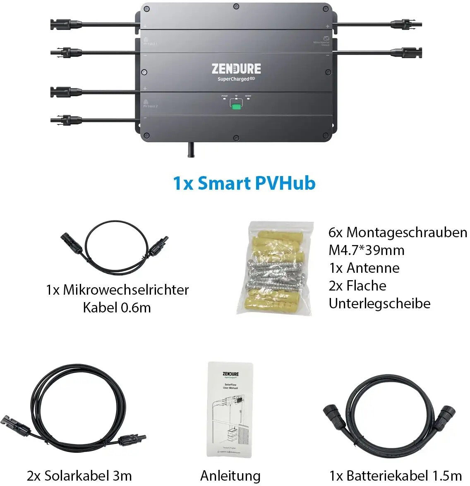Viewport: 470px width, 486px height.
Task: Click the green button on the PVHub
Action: (236, 107)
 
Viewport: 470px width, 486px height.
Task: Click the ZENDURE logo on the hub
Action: (236, 68)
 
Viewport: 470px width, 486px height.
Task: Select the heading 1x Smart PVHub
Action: (244, 183)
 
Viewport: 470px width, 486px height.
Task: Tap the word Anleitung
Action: (230, 476)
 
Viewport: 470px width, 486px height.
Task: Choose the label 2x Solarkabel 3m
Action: (79, 476)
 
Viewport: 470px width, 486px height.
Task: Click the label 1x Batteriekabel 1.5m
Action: (396, 476)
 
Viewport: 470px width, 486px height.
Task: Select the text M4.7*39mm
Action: (367, 250)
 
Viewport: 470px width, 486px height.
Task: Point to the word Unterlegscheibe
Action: (379, 303)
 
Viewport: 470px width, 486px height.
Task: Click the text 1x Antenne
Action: (364, 268)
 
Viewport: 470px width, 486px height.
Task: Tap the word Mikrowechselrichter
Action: (126, 290)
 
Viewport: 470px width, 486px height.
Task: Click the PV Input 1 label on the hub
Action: (150, 43)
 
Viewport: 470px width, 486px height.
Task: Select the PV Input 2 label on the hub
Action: (150, 106)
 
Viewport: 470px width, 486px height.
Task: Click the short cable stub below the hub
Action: (191, 150)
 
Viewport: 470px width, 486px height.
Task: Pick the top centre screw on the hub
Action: (236, 7)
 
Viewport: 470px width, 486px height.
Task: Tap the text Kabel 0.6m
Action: (117, 307)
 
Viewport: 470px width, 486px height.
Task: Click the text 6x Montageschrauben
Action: (398, 232)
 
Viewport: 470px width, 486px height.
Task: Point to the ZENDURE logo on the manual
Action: (230, 374)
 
